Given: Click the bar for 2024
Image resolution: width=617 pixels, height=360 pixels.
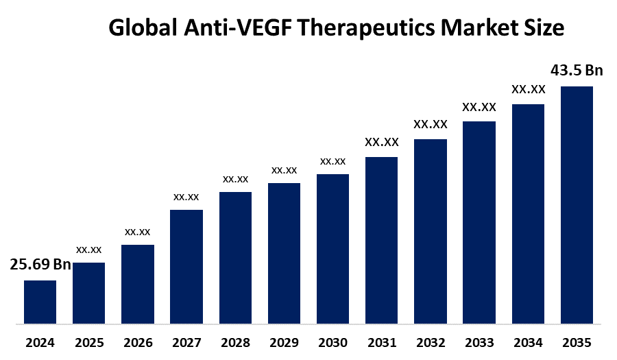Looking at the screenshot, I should (40, 302).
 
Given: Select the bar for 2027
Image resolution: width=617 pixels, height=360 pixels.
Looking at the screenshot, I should (186, 266).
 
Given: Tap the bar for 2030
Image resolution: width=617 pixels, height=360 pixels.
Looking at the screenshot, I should (332, 248).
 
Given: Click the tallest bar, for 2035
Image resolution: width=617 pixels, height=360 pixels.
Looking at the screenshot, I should (577, 204).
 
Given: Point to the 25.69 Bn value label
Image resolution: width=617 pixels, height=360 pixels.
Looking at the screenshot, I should (40, 265).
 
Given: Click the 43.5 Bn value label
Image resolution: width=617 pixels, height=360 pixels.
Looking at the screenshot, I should (577, 71).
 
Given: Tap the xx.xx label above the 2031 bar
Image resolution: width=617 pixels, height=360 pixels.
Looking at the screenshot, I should (381, 143).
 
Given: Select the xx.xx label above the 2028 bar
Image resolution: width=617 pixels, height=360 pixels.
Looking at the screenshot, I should (235, 179).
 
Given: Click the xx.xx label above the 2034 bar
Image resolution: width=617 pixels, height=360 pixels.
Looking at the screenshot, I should (528, 89).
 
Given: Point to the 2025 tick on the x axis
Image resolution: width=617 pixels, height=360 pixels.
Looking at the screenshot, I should (89, 342).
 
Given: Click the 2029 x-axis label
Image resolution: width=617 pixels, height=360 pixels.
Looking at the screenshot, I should (284, 342).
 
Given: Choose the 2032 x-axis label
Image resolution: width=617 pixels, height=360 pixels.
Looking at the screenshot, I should (430, 342).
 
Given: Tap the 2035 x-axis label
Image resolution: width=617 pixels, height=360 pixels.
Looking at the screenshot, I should (577, 342).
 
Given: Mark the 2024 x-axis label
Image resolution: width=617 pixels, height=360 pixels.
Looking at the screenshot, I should (40, 342).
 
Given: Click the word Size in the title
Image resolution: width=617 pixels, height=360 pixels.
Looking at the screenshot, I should (545, 28).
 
